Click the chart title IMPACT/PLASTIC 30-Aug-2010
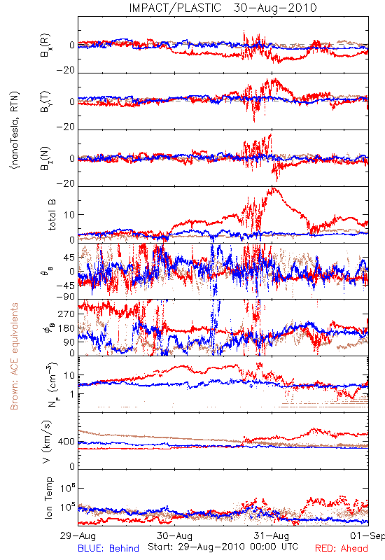[x=223, y=8]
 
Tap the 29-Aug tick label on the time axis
[x=78, y=535]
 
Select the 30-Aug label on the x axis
[x=174, y=535]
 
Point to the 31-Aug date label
[x=272, y=535]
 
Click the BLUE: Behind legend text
[x=108, y=548]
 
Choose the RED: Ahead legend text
[x=342, y=548]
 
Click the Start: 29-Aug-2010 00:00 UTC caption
[x=223, y=547]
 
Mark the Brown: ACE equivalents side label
[x=14, y=356]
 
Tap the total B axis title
[x=51, y=215]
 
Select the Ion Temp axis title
[x=48, y=498]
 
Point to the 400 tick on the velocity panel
[x=66, y=442]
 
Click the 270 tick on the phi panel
[x=66, y=314]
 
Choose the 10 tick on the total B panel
[x=69, y=215]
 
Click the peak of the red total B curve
[x=273, y=188]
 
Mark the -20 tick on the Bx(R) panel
[x=65, y=71]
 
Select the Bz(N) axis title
[x=45, y=158]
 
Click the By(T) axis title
[x=45, y=101]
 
